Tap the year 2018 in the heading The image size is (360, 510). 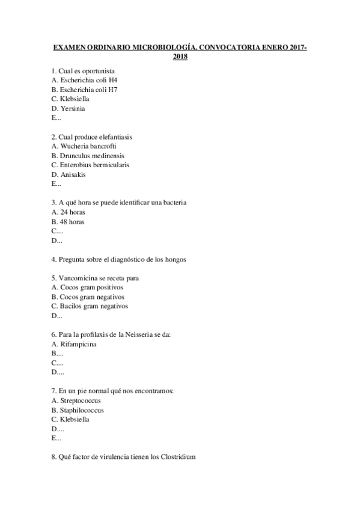pyautogui.click(x=180, y=57)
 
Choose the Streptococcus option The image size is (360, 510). pyautogui.click(x=76, y=401)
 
